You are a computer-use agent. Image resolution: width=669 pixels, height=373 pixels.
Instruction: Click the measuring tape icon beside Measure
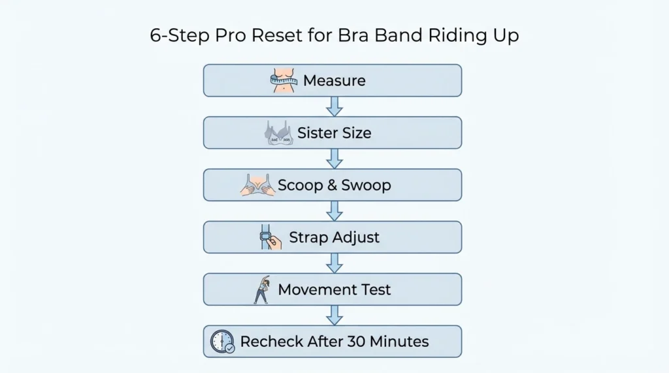[284, 81]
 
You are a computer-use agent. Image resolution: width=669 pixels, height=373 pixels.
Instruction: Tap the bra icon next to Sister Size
[276, 133]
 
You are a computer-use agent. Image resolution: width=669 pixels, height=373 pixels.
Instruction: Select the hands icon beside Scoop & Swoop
[257, 185]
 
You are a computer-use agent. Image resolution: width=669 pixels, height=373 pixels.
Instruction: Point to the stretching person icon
[261, 290]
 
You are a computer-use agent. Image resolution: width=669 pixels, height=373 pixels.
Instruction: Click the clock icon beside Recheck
[222, 342]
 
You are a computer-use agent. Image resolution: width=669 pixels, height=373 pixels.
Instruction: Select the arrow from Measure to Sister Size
[334, 106]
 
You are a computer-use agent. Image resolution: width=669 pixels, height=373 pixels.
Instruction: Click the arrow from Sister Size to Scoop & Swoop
[334, 158]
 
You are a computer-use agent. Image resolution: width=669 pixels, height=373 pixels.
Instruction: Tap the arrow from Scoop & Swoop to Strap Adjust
[334, 211]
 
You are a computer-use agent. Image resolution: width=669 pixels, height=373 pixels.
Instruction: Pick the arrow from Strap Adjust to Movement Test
[334, 263]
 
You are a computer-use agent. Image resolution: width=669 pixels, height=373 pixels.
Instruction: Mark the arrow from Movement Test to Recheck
[334, 315]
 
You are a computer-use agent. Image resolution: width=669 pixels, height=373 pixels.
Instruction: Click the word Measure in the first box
[334, 81]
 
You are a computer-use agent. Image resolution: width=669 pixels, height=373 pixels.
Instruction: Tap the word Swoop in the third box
[367, 185]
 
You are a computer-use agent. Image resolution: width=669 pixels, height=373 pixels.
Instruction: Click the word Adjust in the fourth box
[356, 237]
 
